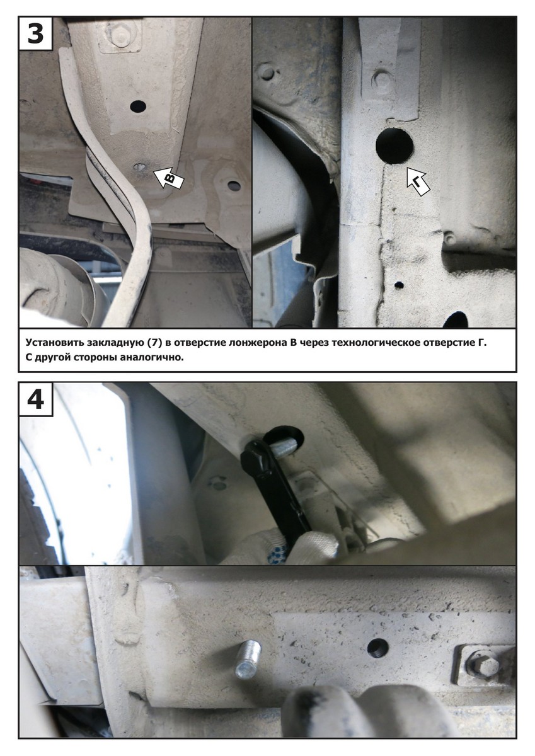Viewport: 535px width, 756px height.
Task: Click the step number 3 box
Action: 35,34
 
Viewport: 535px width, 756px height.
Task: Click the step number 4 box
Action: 35,399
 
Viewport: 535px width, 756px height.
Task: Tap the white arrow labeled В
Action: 169,178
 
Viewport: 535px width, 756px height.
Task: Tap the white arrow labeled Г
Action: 418,181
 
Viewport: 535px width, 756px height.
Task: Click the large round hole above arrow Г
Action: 394,146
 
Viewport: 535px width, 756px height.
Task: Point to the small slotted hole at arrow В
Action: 140,167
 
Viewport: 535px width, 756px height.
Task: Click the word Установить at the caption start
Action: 54,343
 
